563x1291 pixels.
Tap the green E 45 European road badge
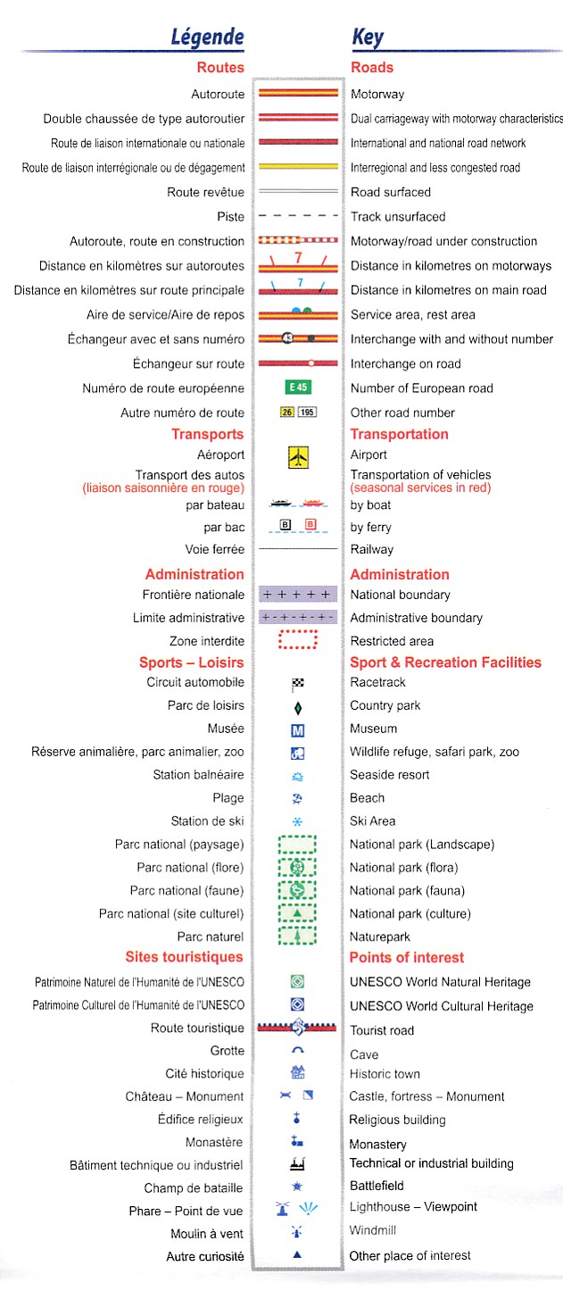298,387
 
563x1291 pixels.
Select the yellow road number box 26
286,412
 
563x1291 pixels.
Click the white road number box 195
307,412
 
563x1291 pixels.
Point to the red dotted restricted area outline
298,640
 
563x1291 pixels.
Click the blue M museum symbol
298,729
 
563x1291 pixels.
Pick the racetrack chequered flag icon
298,684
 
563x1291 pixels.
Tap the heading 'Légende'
207,37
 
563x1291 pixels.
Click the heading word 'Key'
367,37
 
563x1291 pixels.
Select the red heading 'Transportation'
399,434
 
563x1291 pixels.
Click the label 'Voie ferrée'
214,549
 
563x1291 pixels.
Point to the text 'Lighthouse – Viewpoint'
413,1207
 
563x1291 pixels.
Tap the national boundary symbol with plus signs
298,595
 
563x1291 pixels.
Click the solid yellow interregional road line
298,167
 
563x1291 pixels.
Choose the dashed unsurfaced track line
298,216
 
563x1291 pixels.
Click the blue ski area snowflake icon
298,821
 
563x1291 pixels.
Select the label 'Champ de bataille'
194,1187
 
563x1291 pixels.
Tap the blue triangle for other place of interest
298,1254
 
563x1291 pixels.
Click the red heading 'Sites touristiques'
184,957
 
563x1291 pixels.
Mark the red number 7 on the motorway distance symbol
298,257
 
